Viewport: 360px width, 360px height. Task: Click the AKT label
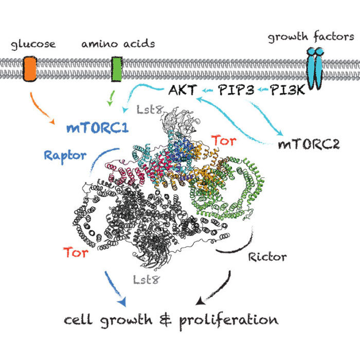[x=181, y=91]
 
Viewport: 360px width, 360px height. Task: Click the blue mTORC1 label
[x=97, y=127]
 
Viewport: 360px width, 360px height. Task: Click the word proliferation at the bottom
[x=227, y=320]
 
